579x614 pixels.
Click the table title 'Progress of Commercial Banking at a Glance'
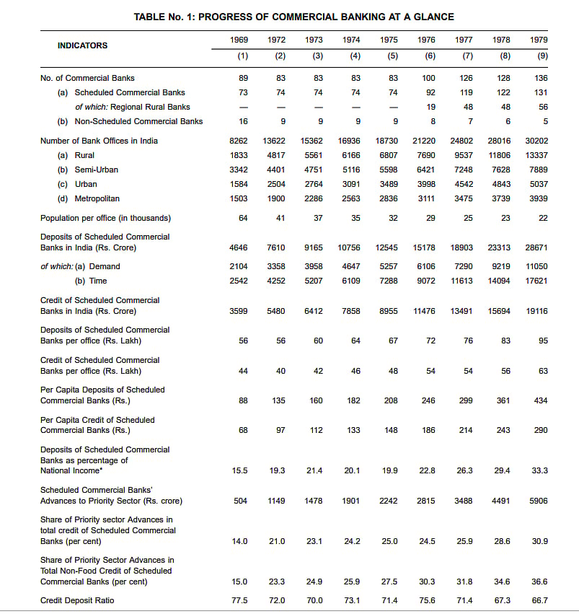coord(293,17)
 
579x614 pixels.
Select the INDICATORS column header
coord(82,45)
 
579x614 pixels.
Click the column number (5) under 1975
coord(392,56)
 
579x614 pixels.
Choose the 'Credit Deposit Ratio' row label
coord(77,600)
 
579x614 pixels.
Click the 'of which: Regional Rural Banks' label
coord(133,107)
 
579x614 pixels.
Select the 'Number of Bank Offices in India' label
coord(99,141)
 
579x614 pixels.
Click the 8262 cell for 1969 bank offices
coord(238,141)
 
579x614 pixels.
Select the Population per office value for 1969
coord(243,218)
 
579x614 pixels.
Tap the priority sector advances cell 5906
coord(538,501)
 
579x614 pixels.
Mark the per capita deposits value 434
coord(540,400)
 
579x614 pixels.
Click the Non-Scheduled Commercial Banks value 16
coord(243,121)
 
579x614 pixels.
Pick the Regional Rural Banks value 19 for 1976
coord(430,107)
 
